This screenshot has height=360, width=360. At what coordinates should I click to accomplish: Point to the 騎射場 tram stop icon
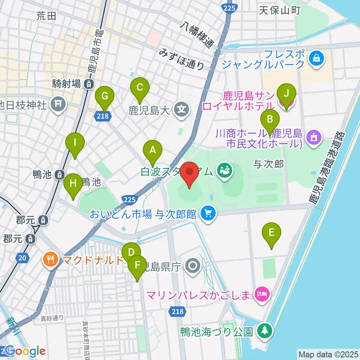88,84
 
